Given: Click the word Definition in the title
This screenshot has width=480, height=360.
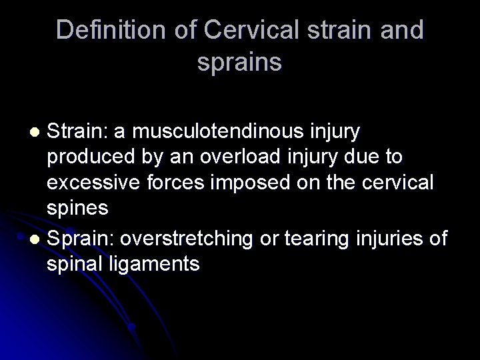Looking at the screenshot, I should tap(102, 31).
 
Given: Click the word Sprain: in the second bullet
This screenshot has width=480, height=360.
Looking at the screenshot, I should tap(79, 239).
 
